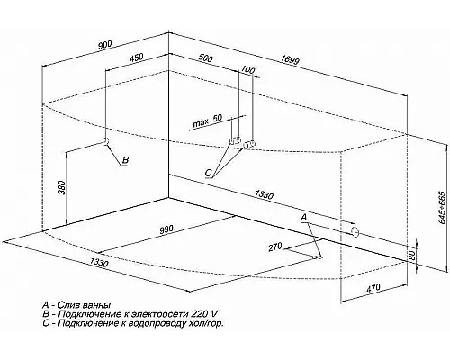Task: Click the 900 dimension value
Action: tap(105, 45)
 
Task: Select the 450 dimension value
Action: tap(137, 58)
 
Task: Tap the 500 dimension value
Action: tap(205, 58)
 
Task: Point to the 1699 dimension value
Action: tap(290, 60)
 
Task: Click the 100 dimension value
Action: tap(247, 70)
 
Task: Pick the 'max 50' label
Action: tap(207, 121)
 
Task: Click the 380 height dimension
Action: tap(62, 187)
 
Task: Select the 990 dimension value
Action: tap(166, 229)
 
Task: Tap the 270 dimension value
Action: tap(275, 247)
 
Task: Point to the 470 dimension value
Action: tap(373, 288)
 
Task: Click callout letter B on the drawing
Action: tap(126, 160)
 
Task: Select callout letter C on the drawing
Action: tap(209, 173)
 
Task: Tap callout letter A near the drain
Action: tap(304, 218)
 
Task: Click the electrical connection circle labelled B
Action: tap(105, 141)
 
